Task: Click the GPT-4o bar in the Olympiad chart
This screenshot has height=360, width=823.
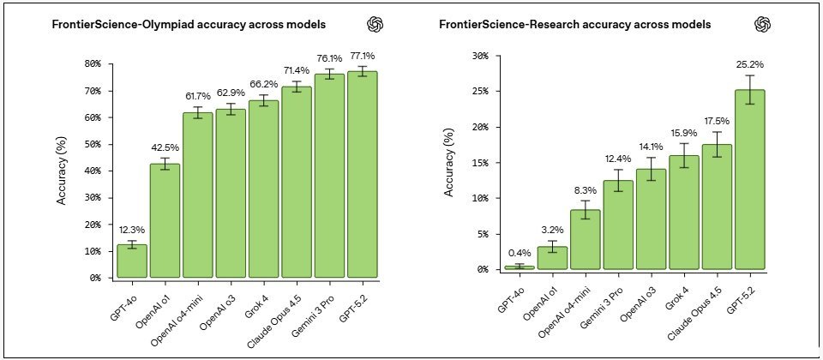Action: pyautogui.click(x=132, y=261)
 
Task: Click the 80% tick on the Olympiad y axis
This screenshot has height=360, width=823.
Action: pyautogui.click(x=90, y=63)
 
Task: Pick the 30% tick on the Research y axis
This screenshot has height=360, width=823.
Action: pyautogui.click(x=478, y=56)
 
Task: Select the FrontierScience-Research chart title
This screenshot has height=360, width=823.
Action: pyautogui.click(x=574, y=25)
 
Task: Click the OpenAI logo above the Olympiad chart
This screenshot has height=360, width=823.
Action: pyautogui.click(x=374, y=25)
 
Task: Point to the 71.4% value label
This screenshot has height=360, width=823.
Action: pyautogui.click(x=297, y=69)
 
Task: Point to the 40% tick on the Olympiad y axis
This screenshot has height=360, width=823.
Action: pyautogui.click(x=90, y=171)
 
